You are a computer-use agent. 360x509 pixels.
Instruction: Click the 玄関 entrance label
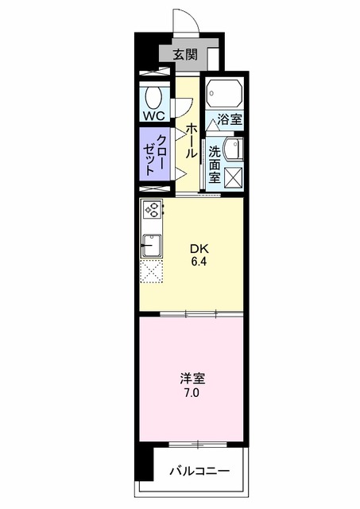[188, 55]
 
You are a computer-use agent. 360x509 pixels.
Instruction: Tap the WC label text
[153, 115]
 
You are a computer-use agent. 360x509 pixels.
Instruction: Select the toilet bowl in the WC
[154, 96]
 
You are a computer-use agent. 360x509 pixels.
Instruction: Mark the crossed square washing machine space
[234, 177]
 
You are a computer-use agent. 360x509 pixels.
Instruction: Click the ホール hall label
[192, 142]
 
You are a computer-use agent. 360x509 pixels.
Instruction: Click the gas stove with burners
[152, 212]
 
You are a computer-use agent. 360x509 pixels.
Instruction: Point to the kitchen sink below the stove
[151, 244]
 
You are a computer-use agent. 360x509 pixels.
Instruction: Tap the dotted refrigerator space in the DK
[151, 273]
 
